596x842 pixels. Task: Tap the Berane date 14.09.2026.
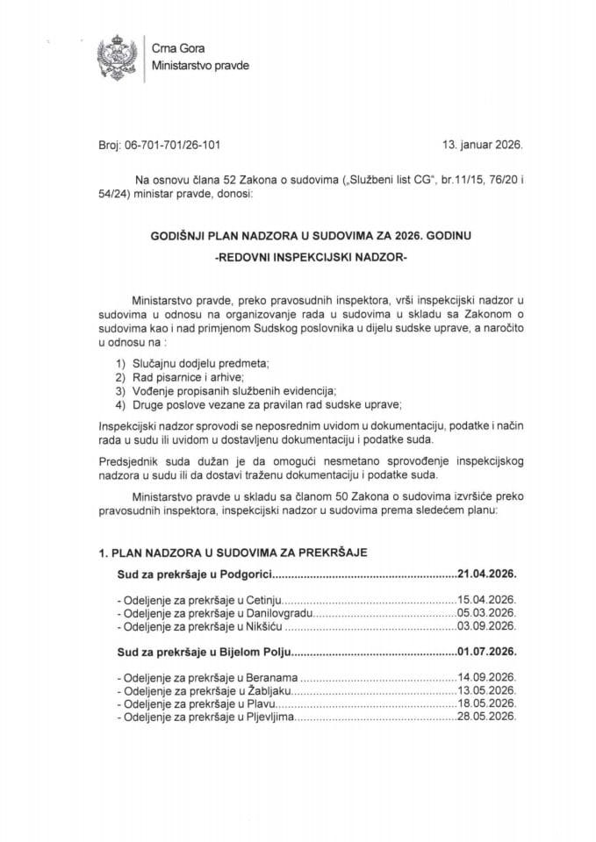click(x=485, y=679)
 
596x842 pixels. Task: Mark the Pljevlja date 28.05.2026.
click(x=485, y=717)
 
